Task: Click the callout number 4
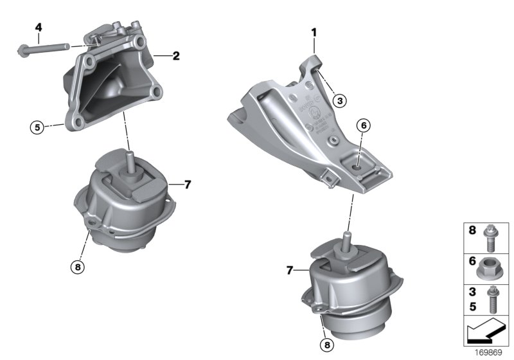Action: tap(39, 28)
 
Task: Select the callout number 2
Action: tap(176, 56)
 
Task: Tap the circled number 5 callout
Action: tap(37, 127)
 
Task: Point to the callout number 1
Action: tap(314, 31)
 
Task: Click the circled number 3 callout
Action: tap(340, 100)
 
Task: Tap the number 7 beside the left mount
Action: tap(188, 184)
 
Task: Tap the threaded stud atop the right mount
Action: tap(347, 241)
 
